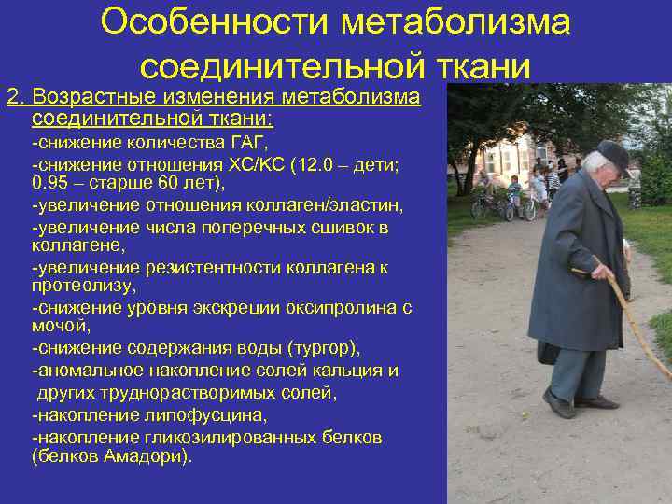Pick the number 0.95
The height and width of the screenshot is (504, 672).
(49, 184)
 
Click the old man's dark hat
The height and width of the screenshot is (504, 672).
(612, 154)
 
